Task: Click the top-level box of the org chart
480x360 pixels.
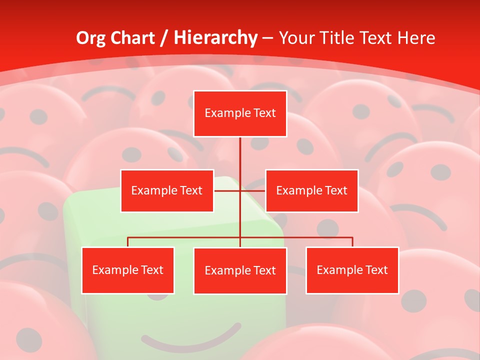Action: (240, 113)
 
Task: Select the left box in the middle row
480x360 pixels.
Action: (167, 190)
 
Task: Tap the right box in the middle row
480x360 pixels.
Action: (311, 190)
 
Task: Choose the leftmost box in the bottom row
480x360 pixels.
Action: (127, 270)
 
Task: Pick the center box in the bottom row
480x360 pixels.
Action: (240, 270)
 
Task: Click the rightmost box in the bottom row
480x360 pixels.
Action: (352, 270)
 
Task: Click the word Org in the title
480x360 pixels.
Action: (91, 38)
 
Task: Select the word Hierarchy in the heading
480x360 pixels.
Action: (215, 38)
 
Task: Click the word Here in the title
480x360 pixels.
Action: (416, 38)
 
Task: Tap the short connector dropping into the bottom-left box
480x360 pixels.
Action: (127, 242)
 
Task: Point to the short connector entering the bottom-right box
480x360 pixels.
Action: (352, 242)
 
